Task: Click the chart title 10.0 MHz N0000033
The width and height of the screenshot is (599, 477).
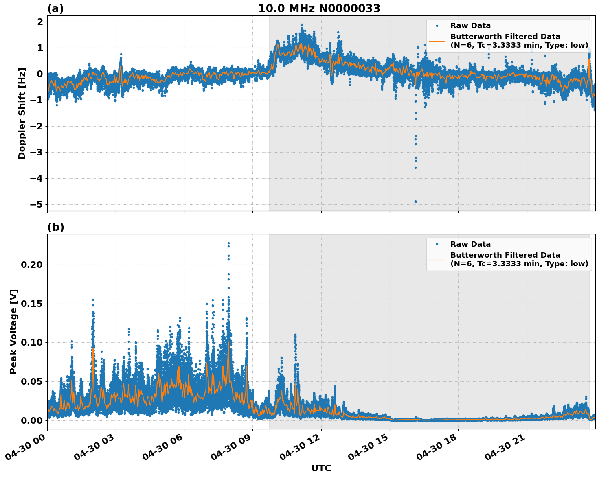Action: [x=319, y=9]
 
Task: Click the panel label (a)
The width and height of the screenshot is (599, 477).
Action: [x=55, y=9]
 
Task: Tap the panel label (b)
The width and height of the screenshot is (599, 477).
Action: [x=55, y=227]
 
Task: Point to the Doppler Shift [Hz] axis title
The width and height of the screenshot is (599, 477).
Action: [x=22, y=113]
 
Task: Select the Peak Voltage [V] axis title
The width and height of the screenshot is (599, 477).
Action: [x=13, y=331]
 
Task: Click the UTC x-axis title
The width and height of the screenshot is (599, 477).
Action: [x=321, y=468]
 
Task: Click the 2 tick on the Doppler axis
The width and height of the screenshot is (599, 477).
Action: [x=40, y=22]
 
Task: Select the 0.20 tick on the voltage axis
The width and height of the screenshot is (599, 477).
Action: [x=32, y=265]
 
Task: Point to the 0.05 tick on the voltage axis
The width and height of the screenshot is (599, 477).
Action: [x=32, y=381]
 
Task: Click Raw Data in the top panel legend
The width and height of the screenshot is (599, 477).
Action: [x=470, y=26]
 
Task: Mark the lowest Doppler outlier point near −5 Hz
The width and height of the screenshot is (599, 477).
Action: [x=415, y=201]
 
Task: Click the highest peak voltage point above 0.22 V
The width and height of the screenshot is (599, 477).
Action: [x=228, y=243]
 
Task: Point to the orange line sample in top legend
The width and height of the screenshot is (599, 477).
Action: [x=437, y=41]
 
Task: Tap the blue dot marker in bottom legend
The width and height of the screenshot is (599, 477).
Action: [x=437, y=244]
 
